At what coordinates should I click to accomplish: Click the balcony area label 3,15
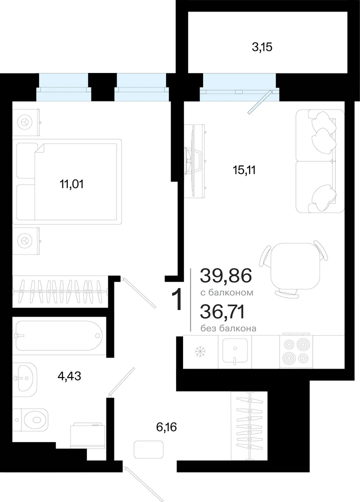pyautogui.click(x=262, y=47)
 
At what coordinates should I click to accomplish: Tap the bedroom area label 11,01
pyautogui.click(x=71, y=184)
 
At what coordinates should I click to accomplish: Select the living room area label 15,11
pyautogui.click(x=244, y=170)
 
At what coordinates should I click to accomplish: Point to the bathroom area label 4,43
pyautogui.click(x=69, y=376)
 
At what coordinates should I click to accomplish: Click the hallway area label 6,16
pyautogui.click(x=166, y=427)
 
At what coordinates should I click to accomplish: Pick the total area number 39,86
pyautogui.click(x=226, y=275)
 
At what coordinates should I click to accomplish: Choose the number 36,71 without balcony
pyautogui.click(x=222, y=311)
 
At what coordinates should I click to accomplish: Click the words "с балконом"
pyautogui.click(x=227, y=292)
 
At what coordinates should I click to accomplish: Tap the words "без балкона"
pyautogui.click(x=228, y=328)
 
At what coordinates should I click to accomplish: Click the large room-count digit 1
pyautogui.click(x=177, y=299)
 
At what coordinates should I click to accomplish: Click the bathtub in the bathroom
pyautogui.click(x=58, y=335)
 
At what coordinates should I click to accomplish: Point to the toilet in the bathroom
pyautogui.click(x=30, y=419)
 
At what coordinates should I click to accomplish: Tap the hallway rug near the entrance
pyautogui.click(x=148, y=449)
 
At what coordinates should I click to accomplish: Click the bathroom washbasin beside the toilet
pyautogui.click(x=25, y=379)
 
